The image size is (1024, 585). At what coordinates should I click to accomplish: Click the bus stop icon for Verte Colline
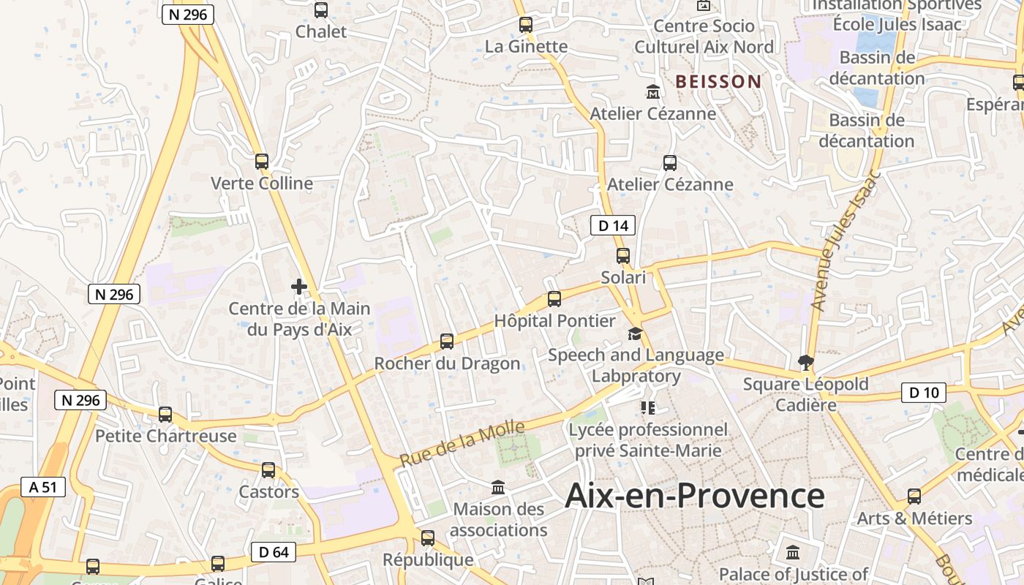pos(262,162)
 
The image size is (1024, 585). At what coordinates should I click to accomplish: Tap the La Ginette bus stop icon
pos(526,25)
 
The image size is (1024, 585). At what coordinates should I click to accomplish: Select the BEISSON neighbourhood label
pos(718,81)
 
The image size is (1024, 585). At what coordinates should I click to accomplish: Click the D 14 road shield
pos(613,225)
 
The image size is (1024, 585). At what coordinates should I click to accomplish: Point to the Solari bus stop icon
pos(623,256)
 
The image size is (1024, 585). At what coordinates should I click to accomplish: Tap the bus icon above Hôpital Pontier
pos(554,299)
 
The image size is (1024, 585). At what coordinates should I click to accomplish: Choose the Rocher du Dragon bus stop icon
pos(446,341)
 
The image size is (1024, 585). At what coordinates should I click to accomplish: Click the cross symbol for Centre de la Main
pos(299,287)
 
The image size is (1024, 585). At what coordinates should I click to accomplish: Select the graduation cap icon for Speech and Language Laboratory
pos(635,334)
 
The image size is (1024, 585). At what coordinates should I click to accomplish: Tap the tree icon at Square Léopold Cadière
pos(805,362)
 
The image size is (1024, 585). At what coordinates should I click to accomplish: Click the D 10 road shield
pos(923,393)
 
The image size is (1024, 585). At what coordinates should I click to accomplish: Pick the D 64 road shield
pos(274,552)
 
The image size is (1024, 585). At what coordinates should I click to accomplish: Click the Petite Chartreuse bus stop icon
pos(165,415)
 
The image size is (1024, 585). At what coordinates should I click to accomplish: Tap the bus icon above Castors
pos(268,470)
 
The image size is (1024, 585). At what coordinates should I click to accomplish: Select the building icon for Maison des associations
pos(498,487)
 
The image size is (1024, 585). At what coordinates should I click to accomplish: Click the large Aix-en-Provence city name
pos(695,496)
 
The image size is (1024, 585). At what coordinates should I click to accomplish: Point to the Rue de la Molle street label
pos(462,444)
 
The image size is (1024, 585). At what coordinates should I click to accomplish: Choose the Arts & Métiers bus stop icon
pos(914,497)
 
